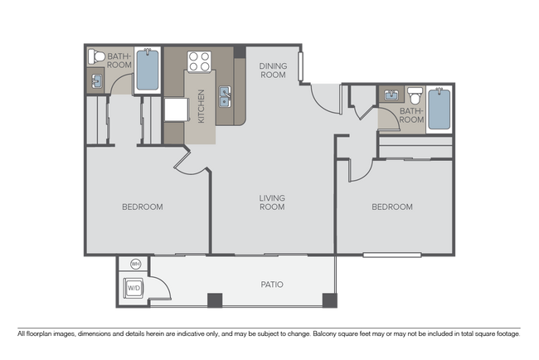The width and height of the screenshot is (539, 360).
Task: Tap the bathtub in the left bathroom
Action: coord(147,70)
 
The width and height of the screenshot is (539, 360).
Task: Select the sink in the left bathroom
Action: coord(97,81)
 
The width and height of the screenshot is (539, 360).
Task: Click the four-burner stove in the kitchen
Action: coord(199,61)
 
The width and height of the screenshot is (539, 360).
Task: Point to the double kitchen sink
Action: coord(224,97)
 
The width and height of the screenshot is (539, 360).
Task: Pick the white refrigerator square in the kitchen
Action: coord(176,109)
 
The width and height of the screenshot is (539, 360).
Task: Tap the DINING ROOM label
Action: coord(272,71)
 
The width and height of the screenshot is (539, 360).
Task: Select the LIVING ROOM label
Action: coord(272,202)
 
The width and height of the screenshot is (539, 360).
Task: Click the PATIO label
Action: coord(272,285)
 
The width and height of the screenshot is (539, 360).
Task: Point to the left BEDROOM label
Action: coord(142,207)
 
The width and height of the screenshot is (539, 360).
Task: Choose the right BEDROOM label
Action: coord(391,207)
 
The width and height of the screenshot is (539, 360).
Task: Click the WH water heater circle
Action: coord(135,265)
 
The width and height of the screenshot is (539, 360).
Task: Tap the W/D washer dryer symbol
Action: coord(133,289)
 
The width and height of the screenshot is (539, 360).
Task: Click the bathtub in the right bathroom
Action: coord(438,109)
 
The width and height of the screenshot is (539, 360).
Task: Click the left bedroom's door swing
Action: coord(191,162)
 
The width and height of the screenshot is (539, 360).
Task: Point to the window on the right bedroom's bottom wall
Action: coord(391,255)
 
